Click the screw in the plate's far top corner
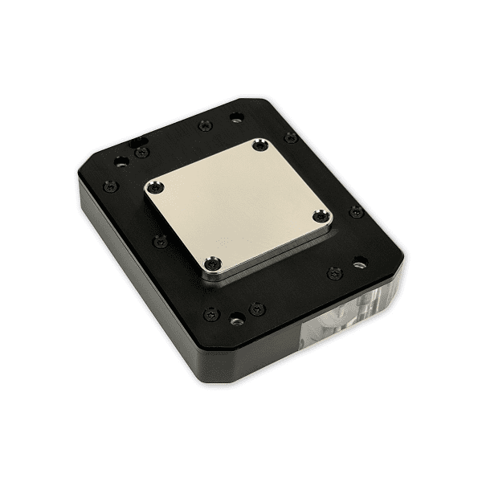tap(258, 145)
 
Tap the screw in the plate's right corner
tap(321, 216)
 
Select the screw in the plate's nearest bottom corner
tap(213, 262)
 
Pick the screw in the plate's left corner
tap(157, 188)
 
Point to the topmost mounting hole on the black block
tap(235, 117)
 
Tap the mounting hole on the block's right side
tap(359, 263)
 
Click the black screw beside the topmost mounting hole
tap(204, 125)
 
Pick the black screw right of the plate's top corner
tap(290, 137)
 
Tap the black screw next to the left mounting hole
tap(141, 152)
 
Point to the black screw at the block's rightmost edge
tap(355, 211)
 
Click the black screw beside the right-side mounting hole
tap(335, 272)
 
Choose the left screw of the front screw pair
tap(210, 313)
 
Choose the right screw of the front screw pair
tap(256, 308)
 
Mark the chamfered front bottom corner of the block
tap(210, 370)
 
